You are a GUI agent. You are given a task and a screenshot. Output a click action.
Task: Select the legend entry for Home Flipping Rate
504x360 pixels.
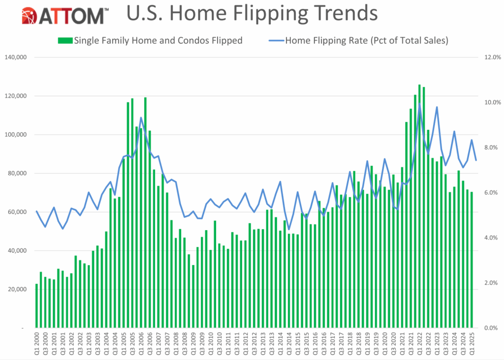(366, 40)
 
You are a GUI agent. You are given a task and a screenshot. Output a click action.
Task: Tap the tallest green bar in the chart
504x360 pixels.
(419, 207)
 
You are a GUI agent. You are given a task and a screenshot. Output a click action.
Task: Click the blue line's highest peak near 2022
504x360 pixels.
(419, 105)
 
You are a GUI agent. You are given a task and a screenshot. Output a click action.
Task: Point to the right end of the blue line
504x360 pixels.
(476, 160)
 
